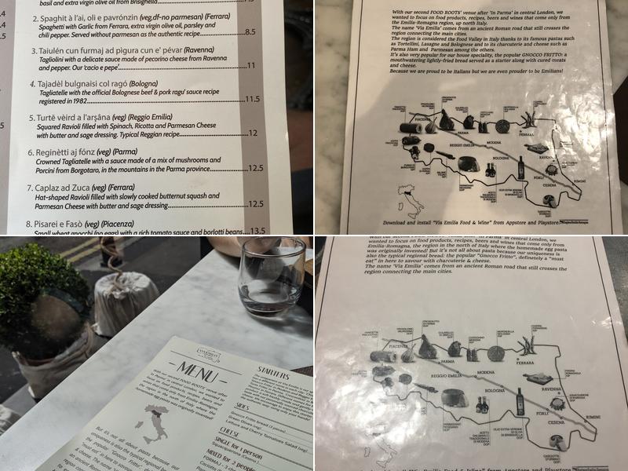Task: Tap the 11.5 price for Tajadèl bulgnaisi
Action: (x=252, y=99)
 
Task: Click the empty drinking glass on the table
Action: (x=271, y=275)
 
